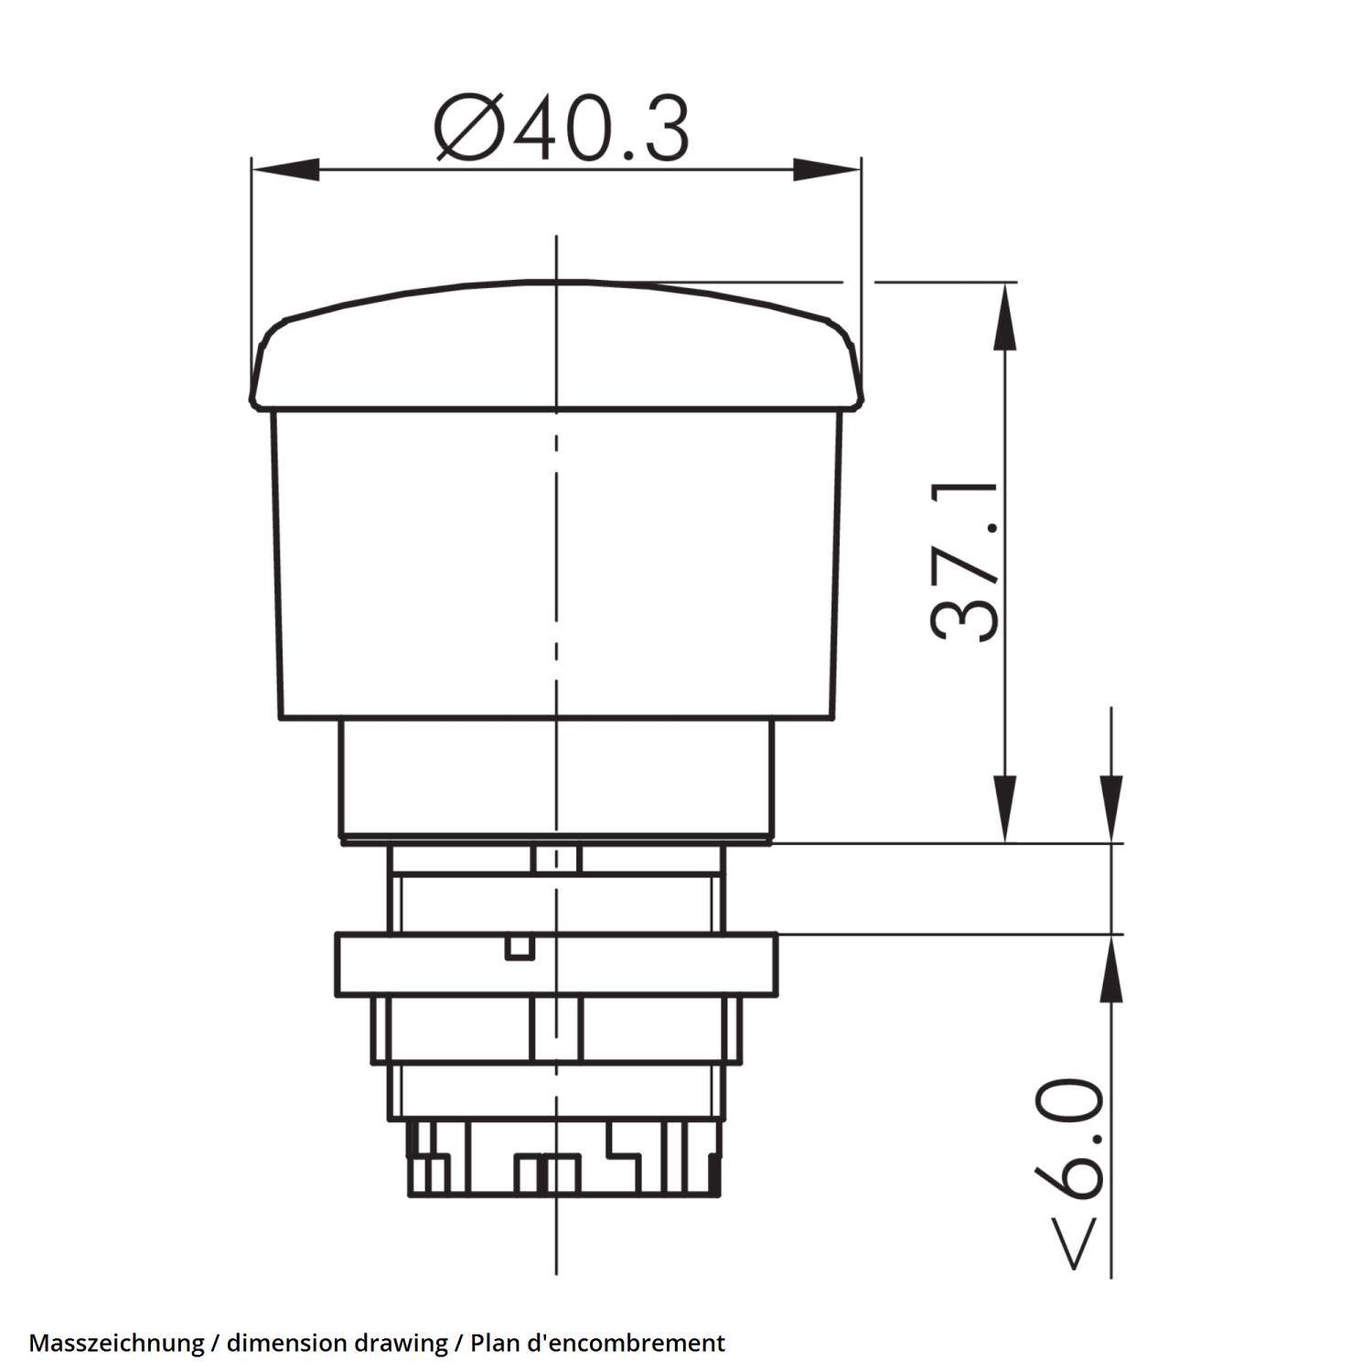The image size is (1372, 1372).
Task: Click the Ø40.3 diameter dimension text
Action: pos(561,130)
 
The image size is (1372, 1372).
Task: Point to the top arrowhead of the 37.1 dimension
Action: pos(1005,316)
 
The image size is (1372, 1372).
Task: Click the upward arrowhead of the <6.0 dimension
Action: pos(1111,970)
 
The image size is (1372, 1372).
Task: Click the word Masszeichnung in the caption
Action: pos(116,1343)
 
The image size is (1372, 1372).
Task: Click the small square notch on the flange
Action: pos(519,948)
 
